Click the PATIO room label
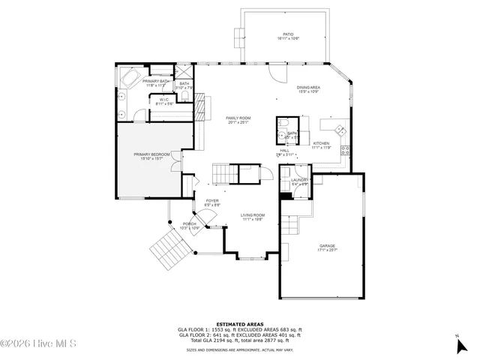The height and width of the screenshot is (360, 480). [x=288, y=35]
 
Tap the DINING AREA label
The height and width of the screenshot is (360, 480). [x=308, y=89]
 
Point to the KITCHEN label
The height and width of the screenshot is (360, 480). [x=322, y=145]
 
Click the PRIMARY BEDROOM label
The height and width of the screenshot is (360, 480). [x=152, y=156]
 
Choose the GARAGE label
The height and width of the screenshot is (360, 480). [x=327, y=247]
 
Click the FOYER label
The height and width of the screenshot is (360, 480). [x=212, y=202]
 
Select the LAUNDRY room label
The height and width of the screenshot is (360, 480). [x=300, y=181]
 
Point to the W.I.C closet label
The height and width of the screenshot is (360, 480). [x=164, y=101]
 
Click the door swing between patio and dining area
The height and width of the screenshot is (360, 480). [x=277, y=74]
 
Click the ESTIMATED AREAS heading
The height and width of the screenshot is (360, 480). [x=240, y=324]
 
